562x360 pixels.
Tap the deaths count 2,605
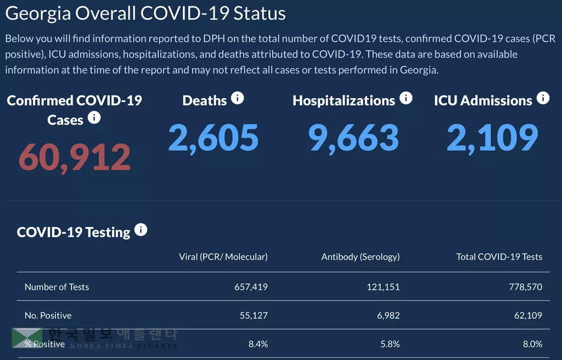click(x=213, y=137)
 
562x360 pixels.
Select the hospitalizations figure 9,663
click(x=353, y=137)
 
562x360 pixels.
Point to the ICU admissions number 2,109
click(x=492, y=137)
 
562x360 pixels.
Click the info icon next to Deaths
click(x=237, y=98)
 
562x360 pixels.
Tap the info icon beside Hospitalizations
click(x=406, y=98)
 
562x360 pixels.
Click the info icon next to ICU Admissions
click(x=543, y=98)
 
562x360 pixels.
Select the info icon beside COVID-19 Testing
click(x=141, y=230)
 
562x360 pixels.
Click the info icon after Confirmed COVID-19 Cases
click(x=94, y=117)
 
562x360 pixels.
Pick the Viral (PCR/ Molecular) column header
click(x=223, y=257)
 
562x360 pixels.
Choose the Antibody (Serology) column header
click(x=361, y=257)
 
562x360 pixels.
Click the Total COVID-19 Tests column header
click(x=499, y=257)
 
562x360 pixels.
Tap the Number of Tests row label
click(x=57, y=287)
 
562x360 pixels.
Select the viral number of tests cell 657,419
click(x=249, y=287)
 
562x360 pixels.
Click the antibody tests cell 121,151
click(x=383, y=287)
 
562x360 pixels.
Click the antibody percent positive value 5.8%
click(x=389, y=344)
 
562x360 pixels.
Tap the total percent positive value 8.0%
click(x=532, y=344)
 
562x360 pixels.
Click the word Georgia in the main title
click(x=38, y=14)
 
